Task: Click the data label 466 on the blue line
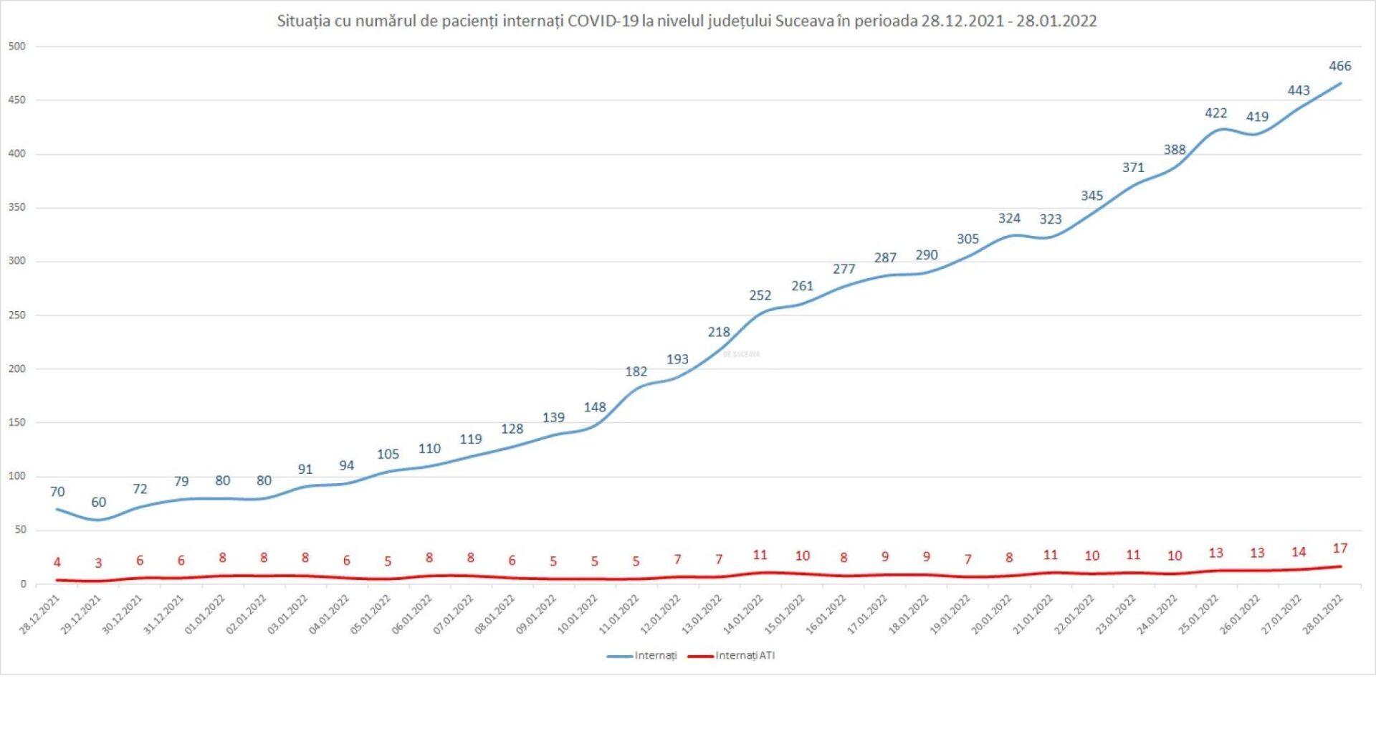tap(1339, 66)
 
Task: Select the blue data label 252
tap(760, 295)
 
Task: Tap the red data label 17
tap(1339, 548)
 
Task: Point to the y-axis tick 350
tap(16, 207)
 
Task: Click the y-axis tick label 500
tap(16, 47)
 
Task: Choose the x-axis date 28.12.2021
tap(40, 615)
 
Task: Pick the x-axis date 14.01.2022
tap(744, 615)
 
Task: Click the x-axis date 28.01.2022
tap(1323, 615)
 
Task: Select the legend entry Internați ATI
tap(745, 655)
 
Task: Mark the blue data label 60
tap(98, 503)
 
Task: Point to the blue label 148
tap(595, 407)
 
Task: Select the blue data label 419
tap(1257, 117)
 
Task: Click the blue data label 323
tap(1051, 219)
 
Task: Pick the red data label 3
tap(98, 563)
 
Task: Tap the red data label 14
tap(1299, 552)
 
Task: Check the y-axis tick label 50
tap(20, 530)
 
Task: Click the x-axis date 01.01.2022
tap(206, 615)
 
